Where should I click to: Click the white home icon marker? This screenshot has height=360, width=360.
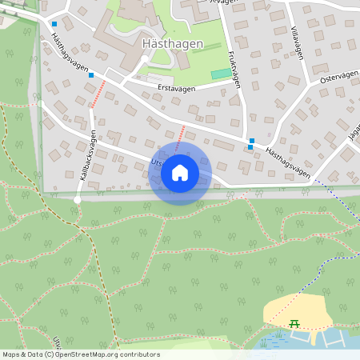point(180,173)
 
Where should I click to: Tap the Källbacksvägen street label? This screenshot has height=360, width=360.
point(86,152)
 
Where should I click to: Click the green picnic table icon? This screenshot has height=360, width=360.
point(294,323)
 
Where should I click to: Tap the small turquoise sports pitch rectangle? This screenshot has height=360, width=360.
point(219,74)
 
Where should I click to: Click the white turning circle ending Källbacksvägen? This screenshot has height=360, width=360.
point(78,199)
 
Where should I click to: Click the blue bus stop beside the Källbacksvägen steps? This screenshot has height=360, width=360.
point(91,75)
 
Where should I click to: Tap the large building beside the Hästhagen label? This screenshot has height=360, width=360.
point(132,24)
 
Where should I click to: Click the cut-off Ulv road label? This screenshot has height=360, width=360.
point(56,342)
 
